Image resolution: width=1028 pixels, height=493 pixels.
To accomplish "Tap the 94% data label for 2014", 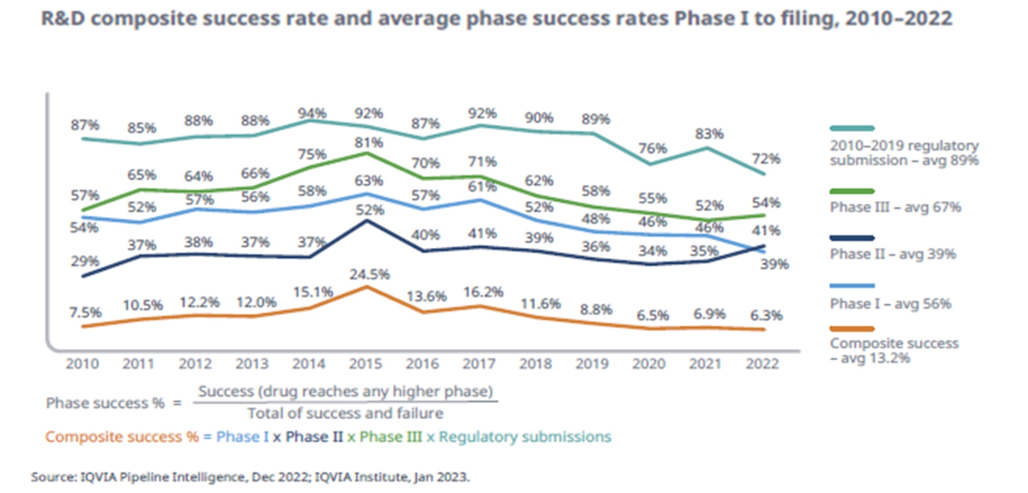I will pos(312,114).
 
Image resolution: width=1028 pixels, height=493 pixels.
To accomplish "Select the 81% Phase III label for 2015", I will pos(368,141).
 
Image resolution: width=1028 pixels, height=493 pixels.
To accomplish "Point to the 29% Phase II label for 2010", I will pos(84,261).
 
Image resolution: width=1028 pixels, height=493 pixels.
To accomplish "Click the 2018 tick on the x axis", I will pos(537,363).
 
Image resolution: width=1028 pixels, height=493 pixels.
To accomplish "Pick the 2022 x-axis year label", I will pos(762,363).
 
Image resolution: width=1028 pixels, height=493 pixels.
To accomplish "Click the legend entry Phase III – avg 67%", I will pos(895,207).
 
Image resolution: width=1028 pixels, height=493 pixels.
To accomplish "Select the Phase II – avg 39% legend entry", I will pos(892,255).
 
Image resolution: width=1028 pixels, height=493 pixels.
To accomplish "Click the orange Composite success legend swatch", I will pos(852,329).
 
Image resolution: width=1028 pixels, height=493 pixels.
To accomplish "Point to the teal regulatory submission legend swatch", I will pos(852,128).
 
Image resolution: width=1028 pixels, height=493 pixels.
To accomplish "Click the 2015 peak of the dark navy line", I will pos(368,221).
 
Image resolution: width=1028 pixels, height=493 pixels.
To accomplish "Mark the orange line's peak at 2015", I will pos(368,287).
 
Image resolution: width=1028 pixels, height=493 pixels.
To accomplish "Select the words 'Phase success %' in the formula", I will pos(105,403).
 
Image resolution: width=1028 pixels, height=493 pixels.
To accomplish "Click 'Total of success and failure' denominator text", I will pos(345,413).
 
